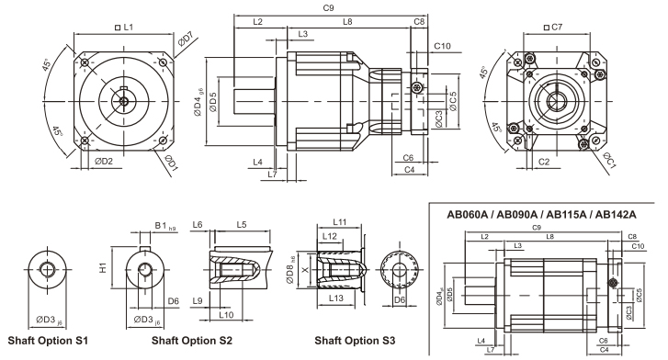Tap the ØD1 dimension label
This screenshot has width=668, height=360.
[x=171, y=163]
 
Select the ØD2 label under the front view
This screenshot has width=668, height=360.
[x=104, y=161]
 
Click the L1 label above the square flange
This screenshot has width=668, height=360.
[x=124, y=28]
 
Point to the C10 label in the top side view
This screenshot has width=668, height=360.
[x=442, y=46]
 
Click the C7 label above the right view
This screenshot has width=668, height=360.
[x=553, y=28]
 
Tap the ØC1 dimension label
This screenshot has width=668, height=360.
[x=609, y=160]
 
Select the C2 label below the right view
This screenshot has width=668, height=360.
[x=544, y=162]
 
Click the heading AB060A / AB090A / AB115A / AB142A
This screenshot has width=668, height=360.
[x=541, y=214]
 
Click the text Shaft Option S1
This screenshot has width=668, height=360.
[x=48, y=341]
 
